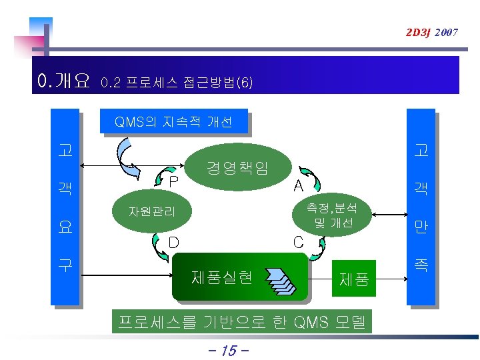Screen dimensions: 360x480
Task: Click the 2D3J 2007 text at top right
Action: (x=430, y=32)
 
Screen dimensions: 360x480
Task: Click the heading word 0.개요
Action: (x=64, y=82)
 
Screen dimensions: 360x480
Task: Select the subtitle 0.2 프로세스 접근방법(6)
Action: (x=176, y=83)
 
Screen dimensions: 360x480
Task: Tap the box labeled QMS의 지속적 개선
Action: (x=173, y=122)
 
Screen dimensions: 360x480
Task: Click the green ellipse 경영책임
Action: (x=238, y=167)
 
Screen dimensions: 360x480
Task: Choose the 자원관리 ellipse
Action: (x=153, y=212)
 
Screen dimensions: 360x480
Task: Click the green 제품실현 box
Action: (x=240, y=275)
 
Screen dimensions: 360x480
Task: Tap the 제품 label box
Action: (x=354, y=277)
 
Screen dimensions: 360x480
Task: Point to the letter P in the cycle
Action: (x=173, y=181)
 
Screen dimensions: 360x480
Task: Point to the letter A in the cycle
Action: (x=299, y=185)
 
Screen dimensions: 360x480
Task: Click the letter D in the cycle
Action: (x=173, y=241)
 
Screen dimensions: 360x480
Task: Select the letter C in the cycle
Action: (x=299, y=241)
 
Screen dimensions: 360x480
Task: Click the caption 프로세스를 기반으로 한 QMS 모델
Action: (x=242, y=323)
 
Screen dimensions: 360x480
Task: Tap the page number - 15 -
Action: (x=229, y=350)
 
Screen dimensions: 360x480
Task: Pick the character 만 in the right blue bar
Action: (x=421, y=227)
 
